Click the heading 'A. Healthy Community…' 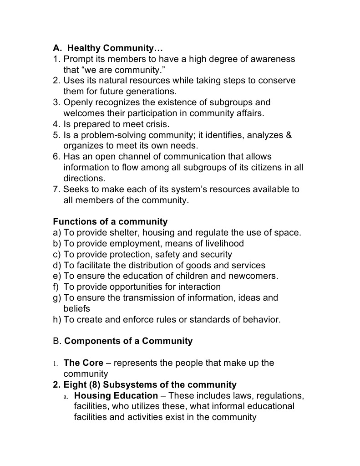(108, 48)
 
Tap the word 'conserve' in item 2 (274, 81)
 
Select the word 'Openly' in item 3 (78, 102)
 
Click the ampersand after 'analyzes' (288, 135)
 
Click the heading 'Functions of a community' (110, 222)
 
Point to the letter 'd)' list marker (57, 265)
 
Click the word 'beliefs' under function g (77, 308)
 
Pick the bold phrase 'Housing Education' (116, 395)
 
